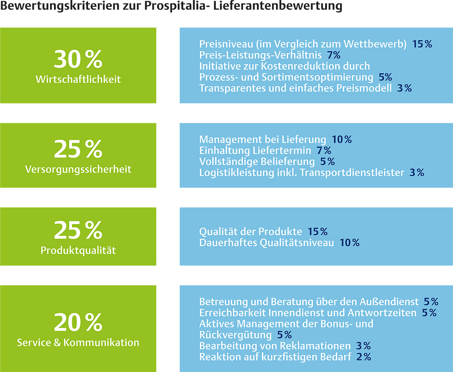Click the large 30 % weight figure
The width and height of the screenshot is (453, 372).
(x=78, y=60)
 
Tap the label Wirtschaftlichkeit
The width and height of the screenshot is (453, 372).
(x=78, y=80)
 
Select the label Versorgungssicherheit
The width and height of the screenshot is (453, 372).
(x=78, y=170)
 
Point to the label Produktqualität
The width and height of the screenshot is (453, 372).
(x=78, y=251)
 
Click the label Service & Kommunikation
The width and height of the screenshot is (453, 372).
(x=78, y=342)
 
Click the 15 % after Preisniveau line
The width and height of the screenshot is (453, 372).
(x=422, y=44)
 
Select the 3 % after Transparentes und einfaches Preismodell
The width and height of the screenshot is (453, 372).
(x=404, y=88)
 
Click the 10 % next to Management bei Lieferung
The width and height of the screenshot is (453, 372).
(x=342, y=139)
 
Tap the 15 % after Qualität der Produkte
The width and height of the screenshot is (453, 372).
(x=318, y=232)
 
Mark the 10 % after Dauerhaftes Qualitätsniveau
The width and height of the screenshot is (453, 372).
(x=349, y=243)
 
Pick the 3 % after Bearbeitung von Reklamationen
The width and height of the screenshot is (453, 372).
(x=363, y=345)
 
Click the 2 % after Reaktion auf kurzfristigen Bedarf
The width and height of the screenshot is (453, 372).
(x=363, y=356)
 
